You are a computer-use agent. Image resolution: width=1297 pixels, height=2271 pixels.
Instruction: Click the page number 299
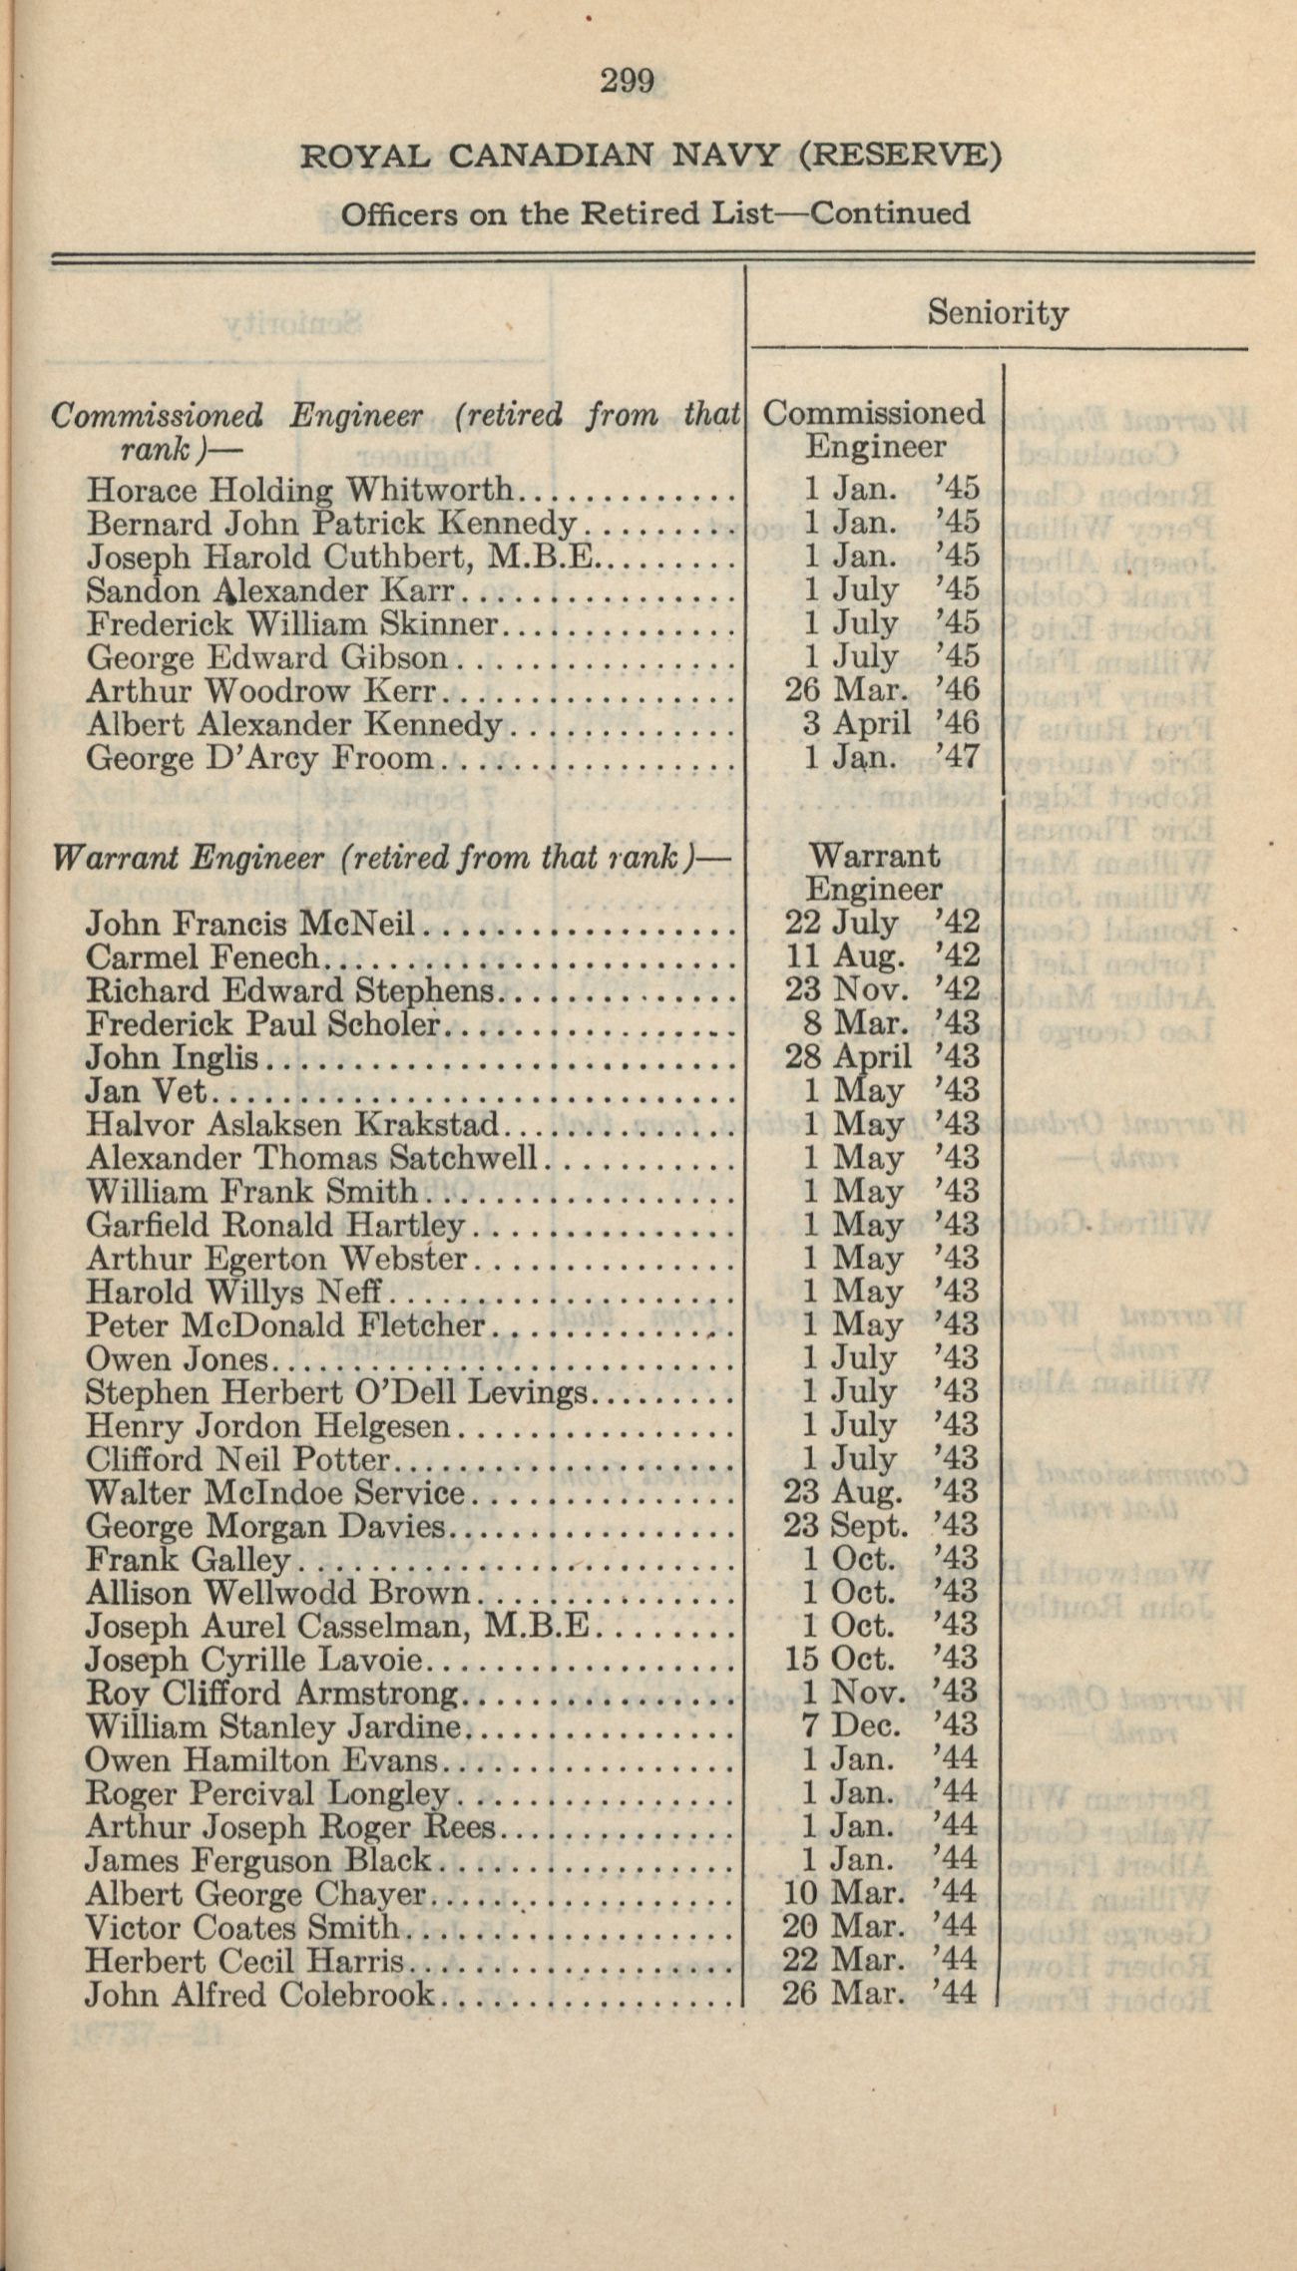627,81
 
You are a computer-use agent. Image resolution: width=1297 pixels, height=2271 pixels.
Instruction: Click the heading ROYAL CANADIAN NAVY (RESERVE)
650,156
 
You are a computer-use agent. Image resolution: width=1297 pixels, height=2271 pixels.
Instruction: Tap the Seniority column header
997,313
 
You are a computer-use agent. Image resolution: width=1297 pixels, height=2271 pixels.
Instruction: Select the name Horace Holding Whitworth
298,490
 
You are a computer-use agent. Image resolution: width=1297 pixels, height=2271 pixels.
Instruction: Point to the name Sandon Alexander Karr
270,590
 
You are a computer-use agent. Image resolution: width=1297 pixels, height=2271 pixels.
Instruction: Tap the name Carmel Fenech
203,957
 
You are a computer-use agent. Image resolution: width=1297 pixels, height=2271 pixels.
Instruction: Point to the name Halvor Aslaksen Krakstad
291,1125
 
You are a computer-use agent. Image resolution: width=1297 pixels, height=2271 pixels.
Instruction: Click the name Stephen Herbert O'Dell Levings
336,1392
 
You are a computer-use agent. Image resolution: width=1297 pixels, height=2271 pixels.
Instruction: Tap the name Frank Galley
188,1560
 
